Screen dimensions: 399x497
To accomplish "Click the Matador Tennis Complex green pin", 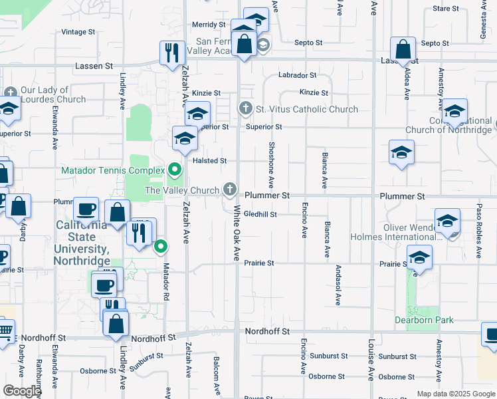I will (x=175, y=170).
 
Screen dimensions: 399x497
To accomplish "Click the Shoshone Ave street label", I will (x=271, y=164).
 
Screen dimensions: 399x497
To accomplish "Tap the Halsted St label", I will (x=210, y=161).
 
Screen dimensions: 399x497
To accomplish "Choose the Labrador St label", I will (x=297, y=75).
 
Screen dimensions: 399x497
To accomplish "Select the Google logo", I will (x=22, y=391).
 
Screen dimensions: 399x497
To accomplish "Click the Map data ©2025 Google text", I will (x=455, y=394).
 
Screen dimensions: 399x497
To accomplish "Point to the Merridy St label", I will (x=209, y=25).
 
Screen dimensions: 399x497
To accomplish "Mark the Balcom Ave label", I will (x=217, y=375).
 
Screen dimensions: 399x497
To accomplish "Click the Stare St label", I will (x=446, y=9).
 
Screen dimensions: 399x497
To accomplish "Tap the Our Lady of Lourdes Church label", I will (x=53, y=94).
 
